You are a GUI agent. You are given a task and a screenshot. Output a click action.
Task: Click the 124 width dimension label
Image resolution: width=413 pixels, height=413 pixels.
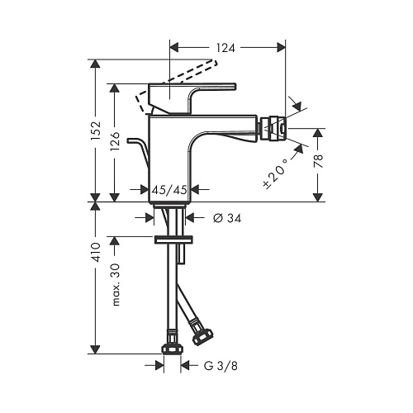click(225, 48)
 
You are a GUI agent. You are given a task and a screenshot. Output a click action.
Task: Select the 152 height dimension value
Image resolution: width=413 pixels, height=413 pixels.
click(96, 131)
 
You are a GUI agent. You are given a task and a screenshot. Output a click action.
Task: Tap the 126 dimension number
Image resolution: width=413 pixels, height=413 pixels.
click(115, 140)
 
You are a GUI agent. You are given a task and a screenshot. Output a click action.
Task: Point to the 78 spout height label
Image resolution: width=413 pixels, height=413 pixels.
click(318, 161)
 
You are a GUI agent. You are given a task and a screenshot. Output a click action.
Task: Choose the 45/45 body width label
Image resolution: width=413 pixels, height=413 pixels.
click(169, 190)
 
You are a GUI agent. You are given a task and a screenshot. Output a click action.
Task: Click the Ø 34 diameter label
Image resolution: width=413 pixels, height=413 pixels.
click(227, 218)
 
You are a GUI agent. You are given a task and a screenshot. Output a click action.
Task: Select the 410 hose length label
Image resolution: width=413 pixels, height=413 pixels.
click(96, 252)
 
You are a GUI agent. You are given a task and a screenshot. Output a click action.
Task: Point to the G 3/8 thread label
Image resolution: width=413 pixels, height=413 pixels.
click(221, 366)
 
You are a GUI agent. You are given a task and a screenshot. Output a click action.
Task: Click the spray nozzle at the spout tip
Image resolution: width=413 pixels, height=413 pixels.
click(273, 128)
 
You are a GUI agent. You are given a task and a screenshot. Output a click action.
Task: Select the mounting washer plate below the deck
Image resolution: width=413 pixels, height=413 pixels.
click(173, 240)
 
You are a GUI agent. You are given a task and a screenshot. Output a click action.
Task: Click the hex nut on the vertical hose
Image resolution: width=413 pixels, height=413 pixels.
click(172, 349)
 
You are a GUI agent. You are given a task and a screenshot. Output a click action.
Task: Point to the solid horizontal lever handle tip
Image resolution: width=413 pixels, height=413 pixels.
click(235, 86)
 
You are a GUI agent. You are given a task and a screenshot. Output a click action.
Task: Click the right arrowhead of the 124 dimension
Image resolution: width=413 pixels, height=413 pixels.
click(281, 48)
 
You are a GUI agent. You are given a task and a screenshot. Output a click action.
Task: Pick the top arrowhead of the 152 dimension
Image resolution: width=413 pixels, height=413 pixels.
click(96, 64)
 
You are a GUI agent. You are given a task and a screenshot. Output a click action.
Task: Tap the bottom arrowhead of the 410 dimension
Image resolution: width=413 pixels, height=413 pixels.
click(96, 349)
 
